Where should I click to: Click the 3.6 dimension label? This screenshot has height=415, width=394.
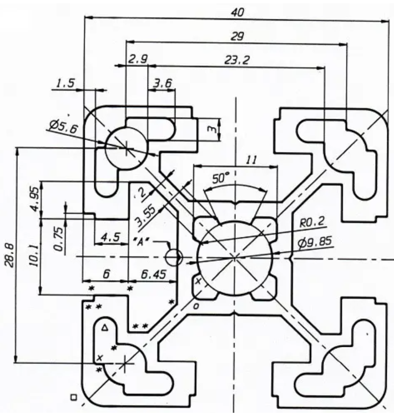click(163, 84)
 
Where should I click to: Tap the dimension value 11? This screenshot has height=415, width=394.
click(251, 160)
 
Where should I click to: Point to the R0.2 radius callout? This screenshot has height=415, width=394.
click(311, 224)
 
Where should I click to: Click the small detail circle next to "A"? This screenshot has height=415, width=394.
click(174, 256)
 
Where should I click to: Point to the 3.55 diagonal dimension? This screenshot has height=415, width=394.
click(147, 214)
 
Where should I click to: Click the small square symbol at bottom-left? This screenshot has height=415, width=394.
click(74, 397)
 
